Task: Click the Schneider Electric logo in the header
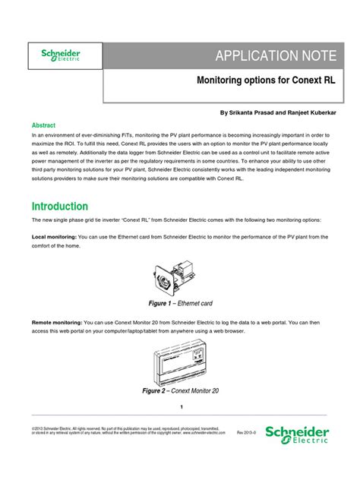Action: pos(60,55)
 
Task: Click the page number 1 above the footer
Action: pos(181,407)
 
